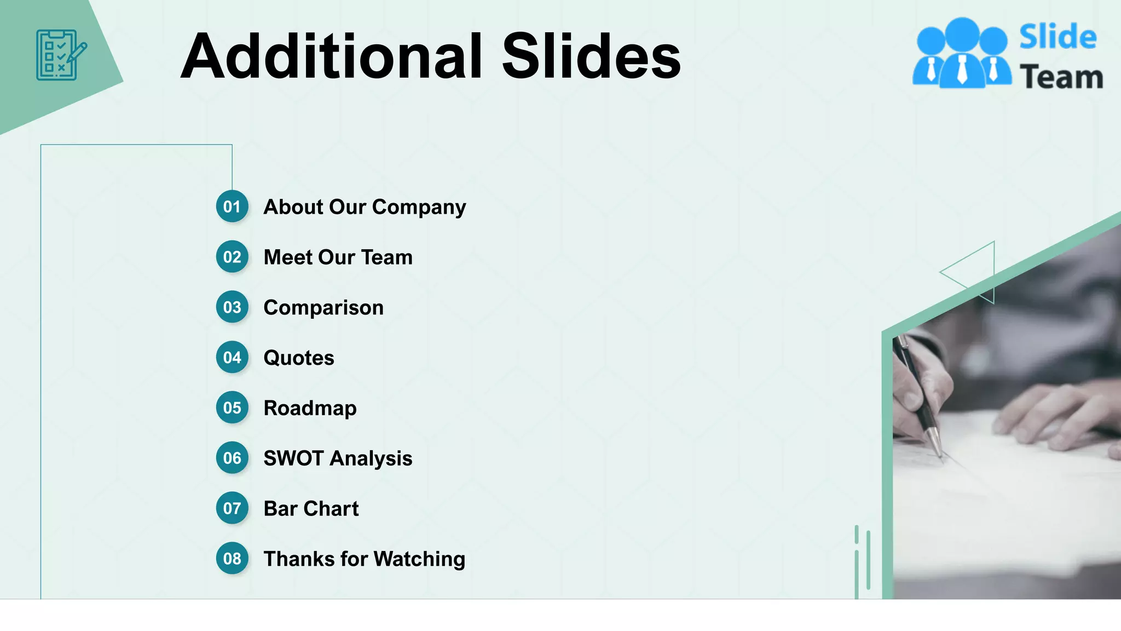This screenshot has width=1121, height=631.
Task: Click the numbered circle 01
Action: click(232, 206)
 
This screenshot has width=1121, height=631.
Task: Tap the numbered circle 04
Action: click(232, 358)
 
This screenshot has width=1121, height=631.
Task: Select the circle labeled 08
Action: click(232, 559)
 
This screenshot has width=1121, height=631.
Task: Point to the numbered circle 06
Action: click(232, 458)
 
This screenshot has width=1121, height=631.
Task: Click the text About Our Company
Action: click(365, 207)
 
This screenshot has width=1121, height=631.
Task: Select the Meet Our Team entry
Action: click(338, 257)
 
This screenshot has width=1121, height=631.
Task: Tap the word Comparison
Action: click(323, 308)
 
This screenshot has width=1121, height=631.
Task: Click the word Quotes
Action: click(299, 358)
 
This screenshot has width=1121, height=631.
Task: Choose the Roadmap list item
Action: click(310, 409)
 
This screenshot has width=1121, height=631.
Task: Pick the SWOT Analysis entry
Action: click(338, 458)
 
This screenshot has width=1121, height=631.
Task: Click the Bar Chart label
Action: click(311, 509)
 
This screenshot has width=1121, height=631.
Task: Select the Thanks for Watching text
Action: click(364, 559)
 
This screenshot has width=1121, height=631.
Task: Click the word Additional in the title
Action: click(332, 56)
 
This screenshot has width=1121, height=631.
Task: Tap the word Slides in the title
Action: click(591, 56)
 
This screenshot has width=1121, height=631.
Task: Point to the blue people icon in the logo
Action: click(962, 53)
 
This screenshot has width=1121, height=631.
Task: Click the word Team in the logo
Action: click(1061, 77)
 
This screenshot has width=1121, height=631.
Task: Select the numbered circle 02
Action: click(232, 257)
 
